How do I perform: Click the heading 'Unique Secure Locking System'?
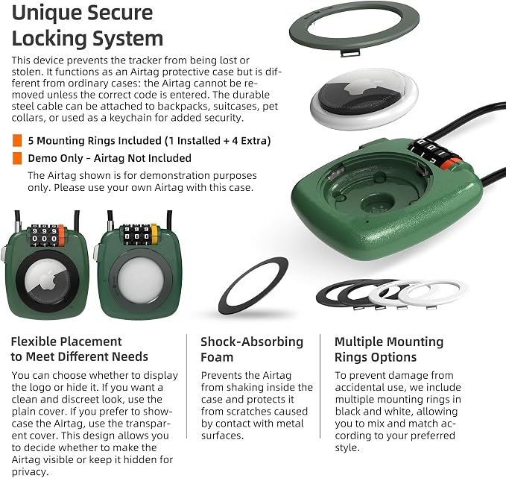click(x=87, y=26)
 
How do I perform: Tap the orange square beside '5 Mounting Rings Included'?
click(x=17, y=140)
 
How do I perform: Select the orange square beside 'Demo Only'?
click(x=17, y=158)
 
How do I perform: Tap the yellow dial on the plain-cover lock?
click(x=154, y=233)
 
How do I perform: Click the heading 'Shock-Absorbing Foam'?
click(x=252, y=350)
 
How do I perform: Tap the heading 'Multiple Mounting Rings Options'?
click(x=389, y=350)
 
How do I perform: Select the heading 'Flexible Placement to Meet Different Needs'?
click(x=80, y=349)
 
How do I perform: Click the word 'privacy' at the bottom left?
click(x=29, y=472)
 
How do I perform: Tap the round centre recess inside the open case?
click(x=377, y=204)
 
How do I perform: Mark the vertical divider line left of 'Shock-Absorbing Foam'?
click(x=186, y=386)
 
